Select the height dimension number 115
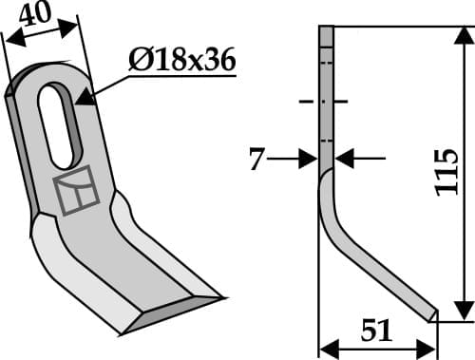tap(446, 173)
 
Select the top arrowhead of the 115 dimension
tap(463, 36)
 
